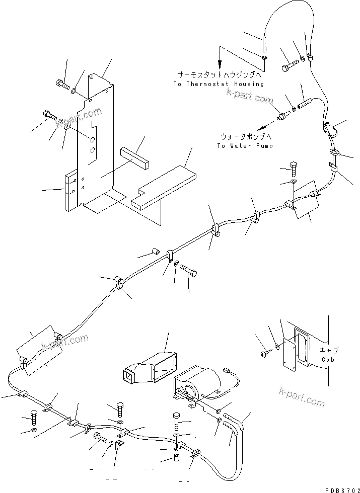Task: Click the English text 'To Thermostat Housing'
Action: point(218,84)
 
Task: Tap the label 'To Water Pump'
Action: point(245,146)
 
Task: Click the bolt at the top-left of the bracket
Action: point(61,83)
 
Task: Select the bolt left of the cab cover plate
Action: point(263,355)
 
